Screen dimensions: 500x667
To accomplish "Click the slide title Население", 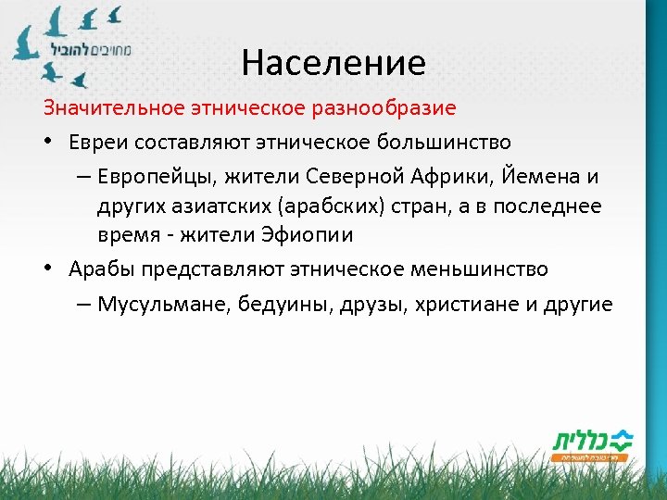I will coord(333,63).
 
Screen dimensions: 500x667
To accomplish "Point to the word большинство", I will coord(444,142).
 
